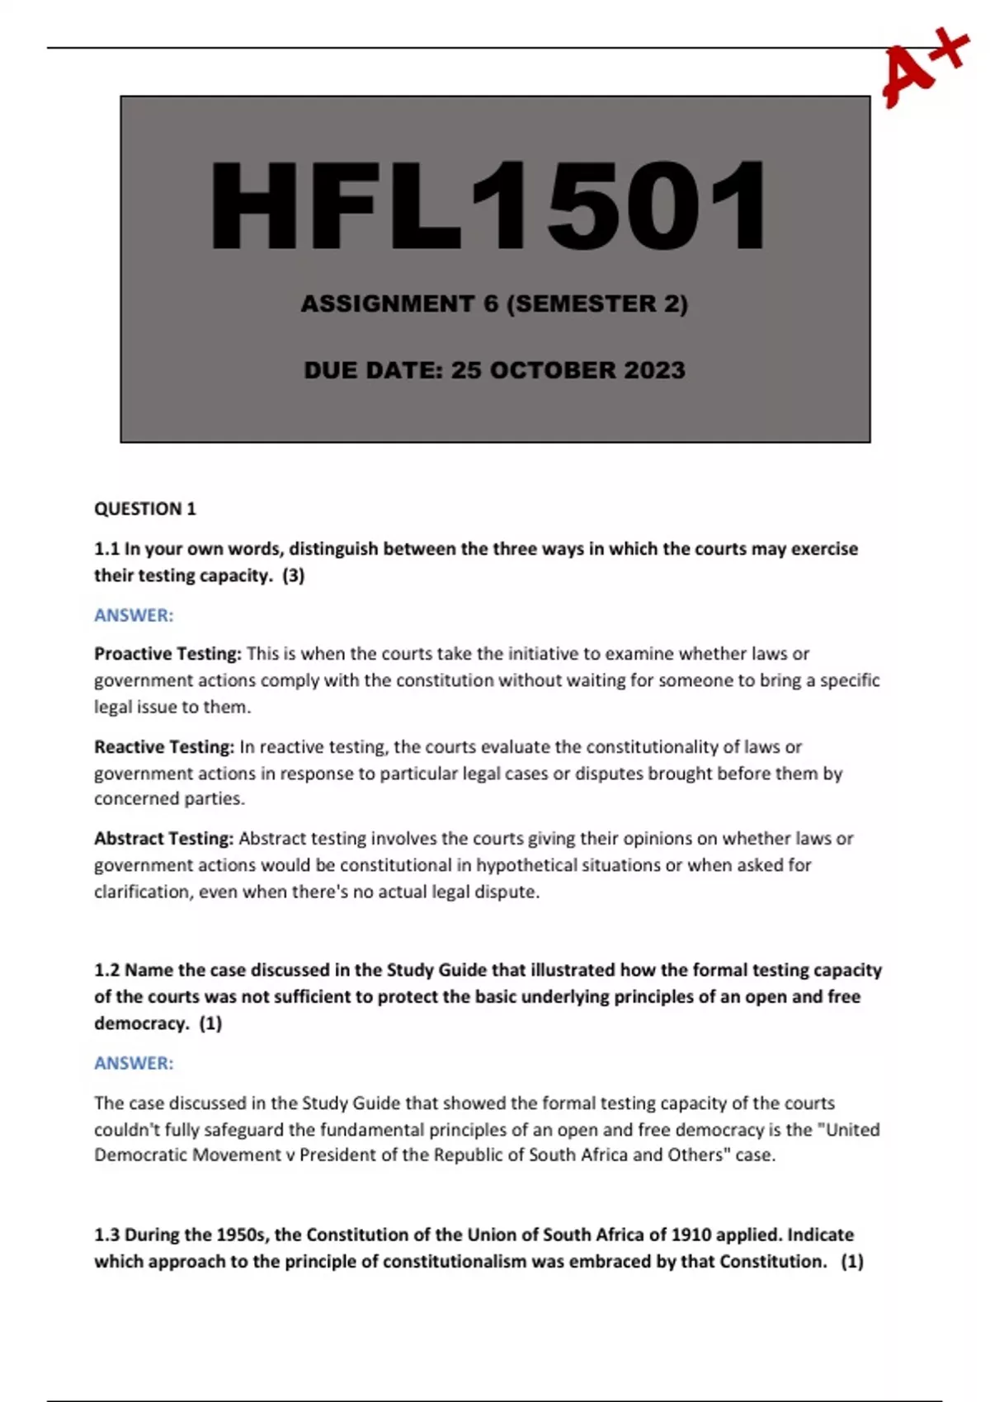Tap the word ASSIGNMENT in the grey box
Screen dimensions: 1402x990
click(387, 304)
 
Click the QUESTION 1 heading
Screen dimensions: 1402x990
click(145, 509)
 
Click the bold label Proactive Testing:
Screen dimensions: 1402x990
click(167, 654)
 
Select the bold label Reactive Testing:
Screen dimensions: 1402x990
click(164, 747)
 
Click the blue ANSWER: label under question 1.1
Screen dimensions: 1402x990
click(134, 615)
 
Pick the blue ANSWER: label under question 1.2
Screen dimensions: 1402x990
click(134, 1063)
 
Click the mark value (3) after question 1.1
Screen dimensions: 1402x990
click(293, 576)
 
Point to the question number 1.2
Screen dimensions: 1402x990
click(107, 970)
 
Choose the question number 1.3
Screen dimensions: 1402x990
click(107, 1235)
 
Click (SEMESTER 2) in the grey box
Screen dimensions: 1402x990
click(596, 304)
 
